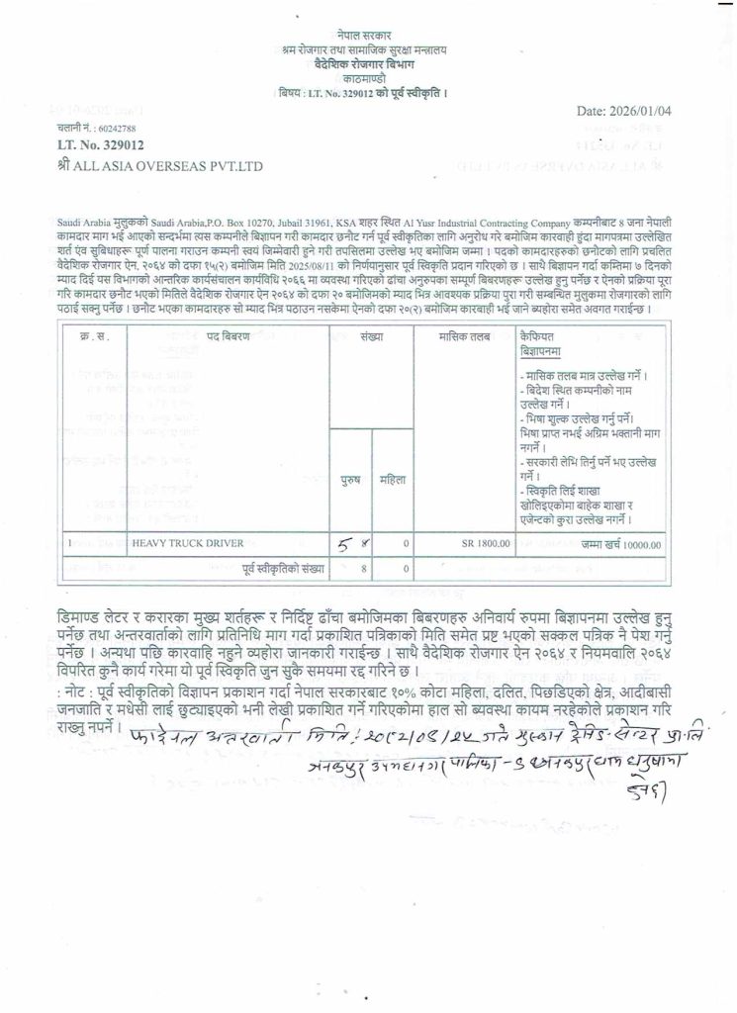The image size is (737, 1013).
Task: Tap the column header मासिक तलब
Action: tap(465, 337)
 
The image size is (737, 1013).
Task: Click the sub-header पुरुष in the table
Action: tap(351, 479)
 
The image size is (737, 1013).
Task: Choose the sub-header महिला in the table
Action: tap(394, 479)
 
